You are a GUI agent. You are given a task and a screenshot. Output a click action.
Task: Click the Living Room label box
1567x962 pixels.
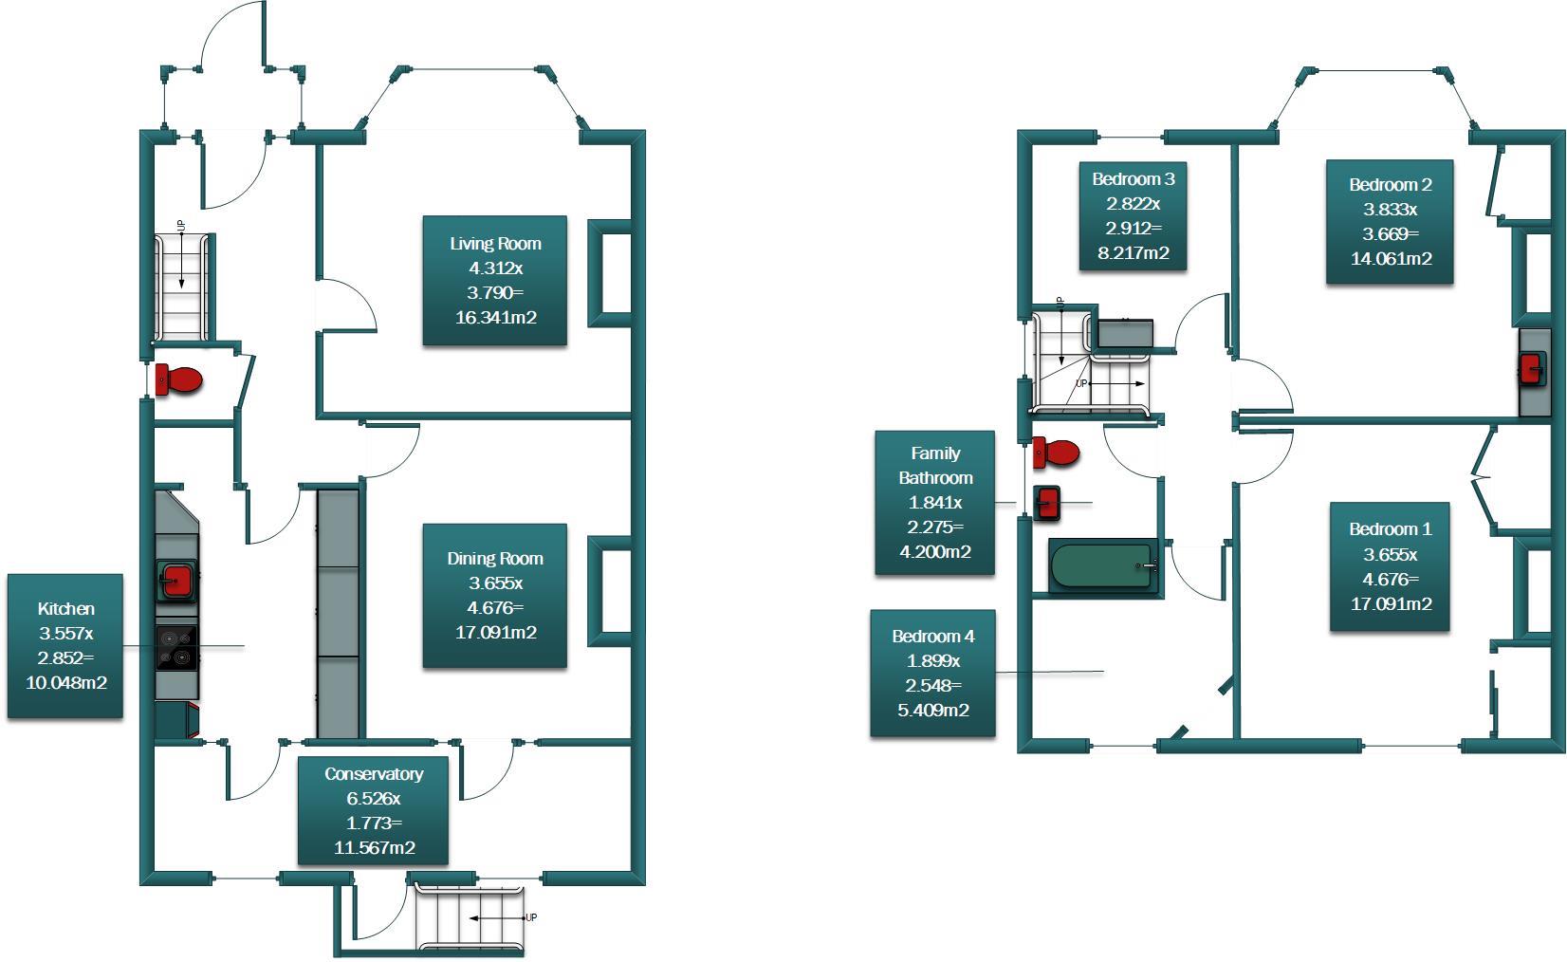tap(494, 281)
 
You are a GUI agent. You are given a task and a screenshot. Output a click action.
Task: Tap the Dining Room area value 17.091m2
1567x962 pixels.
tap(495, 633)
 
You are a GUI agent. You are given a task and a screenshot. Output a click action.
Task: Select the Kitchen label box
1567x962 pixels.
tap(65, 645)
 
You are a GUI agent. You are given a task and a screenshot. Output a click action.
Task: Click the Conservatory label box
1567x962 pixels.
tap(373, 810)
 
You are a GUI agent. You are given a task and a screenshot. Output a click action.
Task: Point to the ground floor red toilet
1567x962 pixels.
tap(178, 379)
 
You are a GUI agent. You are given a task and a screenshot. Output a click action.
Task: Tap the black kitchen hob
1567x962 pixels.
tap(176, 649)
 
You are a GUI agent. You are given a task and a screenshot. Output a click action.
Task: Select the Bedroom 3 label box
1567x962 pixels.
tap(1133, 216)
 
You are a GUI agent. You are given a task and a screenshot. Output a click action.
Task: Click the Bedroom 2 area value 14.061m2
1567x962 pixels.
tap(1391, 258)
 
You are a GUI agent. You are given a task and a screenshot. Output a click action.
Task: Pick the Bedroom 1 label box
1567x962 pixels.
tap(1390, 566)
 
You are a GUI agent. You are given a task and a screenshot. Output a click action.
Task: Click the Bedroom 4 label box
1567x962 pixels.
tap(932, 673)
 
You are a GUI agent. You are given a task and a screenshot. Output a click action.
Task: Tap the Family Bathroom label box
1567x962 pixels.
tap(934, 503)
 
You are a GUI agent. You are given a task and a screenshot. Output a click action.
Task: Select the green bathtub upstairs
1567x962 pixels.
tap(1104, 566)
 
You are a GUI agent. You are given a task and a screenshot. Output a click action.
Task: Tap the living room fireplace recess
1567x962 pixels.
tap(611, 274)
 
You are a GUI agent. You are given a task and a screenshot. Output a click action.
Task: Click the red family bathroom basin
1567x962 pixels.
tap(1046, 502)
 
